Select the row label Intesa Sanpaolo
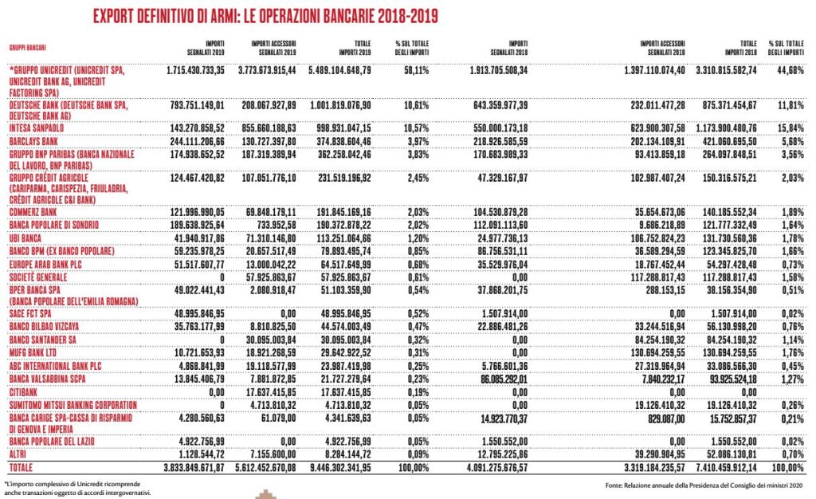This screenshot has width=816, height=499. [37, 128]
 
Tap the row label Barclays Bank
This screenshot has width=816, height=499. [33, 141]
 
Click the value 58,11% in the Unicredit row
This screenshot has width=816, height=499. [416, 69]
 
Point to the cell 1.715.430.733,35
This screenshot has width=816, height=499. [196, 69]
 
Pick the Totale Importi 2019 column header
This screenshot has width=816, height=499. [355, 48]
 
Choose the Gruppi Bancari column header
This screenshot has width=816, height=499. [28, 48]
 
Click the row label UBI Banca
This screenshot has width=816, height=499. [25, 238]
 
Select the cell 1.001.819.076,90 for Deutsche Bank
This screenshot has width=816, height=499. [341, 105]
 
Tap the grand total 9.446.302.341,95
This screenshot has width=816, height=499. [341, 467]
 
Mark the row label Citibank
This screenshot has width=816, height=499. [23, 392]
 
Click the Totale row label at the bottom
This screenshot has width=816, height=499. [21, 467]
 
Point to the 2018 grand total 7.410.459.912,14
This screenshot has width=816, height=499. [727, 467]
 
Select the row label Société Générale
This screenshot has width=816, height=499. [38, 277]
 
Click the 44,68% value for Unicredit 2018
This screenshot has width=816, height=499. [790, 69]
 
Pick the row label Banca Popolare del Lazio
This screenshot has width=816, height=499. [52, 442]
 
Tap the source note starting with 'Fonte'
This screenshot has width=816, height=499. [704, 485]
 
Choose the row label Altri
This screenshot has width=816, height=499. [18, 454]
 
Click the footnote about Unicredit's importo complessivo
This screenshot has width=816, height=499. [77, 488]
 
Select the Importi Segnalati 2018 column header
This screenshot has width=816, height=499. [509, 48]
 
